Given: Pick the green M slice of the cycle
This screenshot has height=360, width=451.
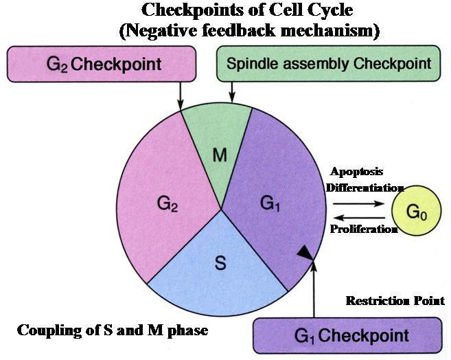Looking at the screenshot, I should (x=219, y=155).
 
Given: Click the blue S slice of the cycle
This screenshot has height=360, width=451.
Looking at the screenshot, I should (x=219, y=265).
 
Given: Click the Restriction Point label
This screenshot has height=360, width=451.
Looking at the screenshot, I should (x=395, y=301).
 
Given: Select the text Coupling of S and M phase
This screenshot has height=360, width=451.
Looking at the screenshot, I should (x=112, y=330).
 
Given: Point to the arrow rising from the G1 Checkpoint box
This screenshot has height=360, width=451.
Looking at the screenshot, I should (x=314, y=289).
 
